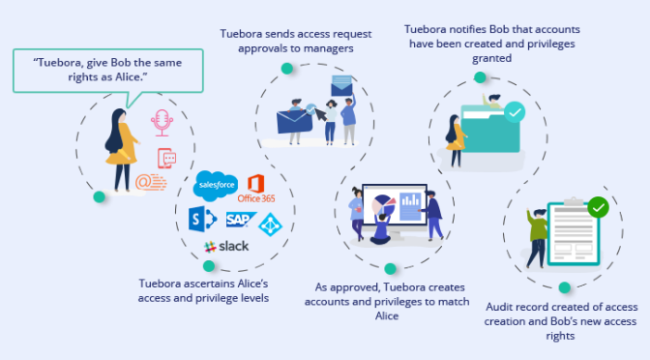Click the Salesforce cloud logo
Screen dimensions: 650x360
point(216,185)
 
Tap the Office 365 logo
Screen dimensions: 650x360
point(256,189)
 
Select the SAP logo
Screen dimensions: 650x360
point(241,220)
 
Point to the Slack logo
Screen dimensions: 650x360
point(226,247)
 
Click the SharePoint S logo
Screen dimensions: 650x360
point(202,219)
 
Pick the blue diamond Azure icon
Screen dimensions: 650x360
point(270,225)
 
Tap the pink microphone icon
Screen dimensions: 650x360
point(162,123)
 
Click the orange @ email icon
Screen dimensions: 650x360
point(151,183)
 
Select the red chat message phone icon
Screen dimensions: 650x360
point(166,158)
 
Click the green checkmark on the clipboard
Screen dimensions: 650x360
point(598,207)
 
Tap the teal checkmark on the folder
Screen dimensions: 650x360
point(515,112)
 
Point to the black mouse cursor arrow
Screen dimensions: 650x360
point(320,114)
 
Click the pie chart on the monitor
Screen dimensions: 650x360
point(383,204)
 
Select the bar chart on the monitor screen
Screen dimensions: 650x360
point(410,206)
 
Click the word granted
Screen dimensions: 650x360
point(491,58)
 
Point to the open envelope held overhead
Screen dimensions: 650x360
point(341,86)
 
